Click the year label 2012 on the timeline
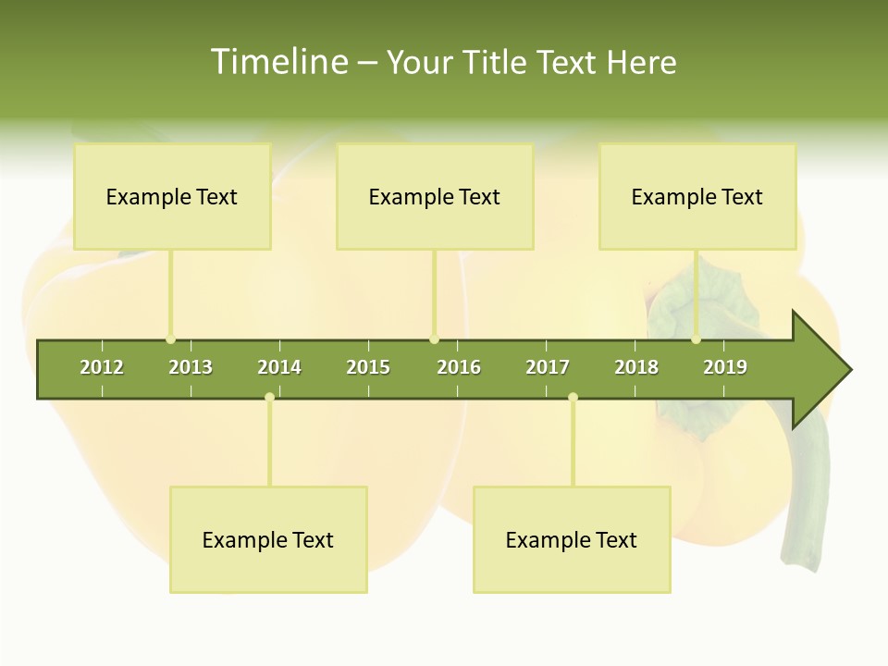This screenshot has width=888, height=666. pyautogui.click(x=102, y=367)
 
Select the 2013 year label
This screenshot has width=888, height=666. pyautogui.click(x=191, y=367)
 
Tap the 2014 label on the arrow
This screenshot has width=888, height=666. pyautogui.click(x=279, y=367)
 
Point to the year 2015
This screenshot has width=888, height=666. pyautogui.click(x=368, y=367)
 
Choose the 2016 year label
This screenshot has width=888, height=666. pyautogui.click(x=459, y=367)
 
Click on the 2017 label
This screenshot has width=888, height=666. pyautogui.click(x=548, y=367)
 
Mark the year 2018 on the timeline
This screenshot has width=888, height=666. pyautogui.click(x=636, y=367)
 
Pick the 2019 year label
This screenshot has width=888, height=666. pyautogui.click(x=725, y=367)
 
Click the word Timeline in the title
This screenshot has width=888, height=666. pyautogui.click(x=277, y=62)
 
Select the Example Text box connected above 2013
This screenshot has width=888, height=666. pyautogui.click(x=172, y=196)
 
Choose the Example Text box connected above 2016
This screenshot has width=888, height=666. pyautogui.click(x=435, y=196)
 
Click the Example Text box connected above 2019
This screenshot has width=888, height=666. pyautogui.click(x=697, y=196)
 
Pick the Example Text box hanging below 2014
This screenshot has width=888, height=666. pyautogui.click(x=268, y=539)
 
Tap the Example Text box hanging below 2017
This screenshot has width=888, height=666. pyautogui.click(x=572, y=539)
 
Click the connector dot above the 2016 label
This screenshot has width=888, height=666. pyautogui.click(x=435, y=339)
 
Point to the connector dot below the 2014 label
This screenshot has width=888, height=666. pyautogui.click(x=269, y=398)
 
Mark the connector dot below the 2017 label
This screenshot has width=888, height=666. pyautogui.click(x=573, y=398)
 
